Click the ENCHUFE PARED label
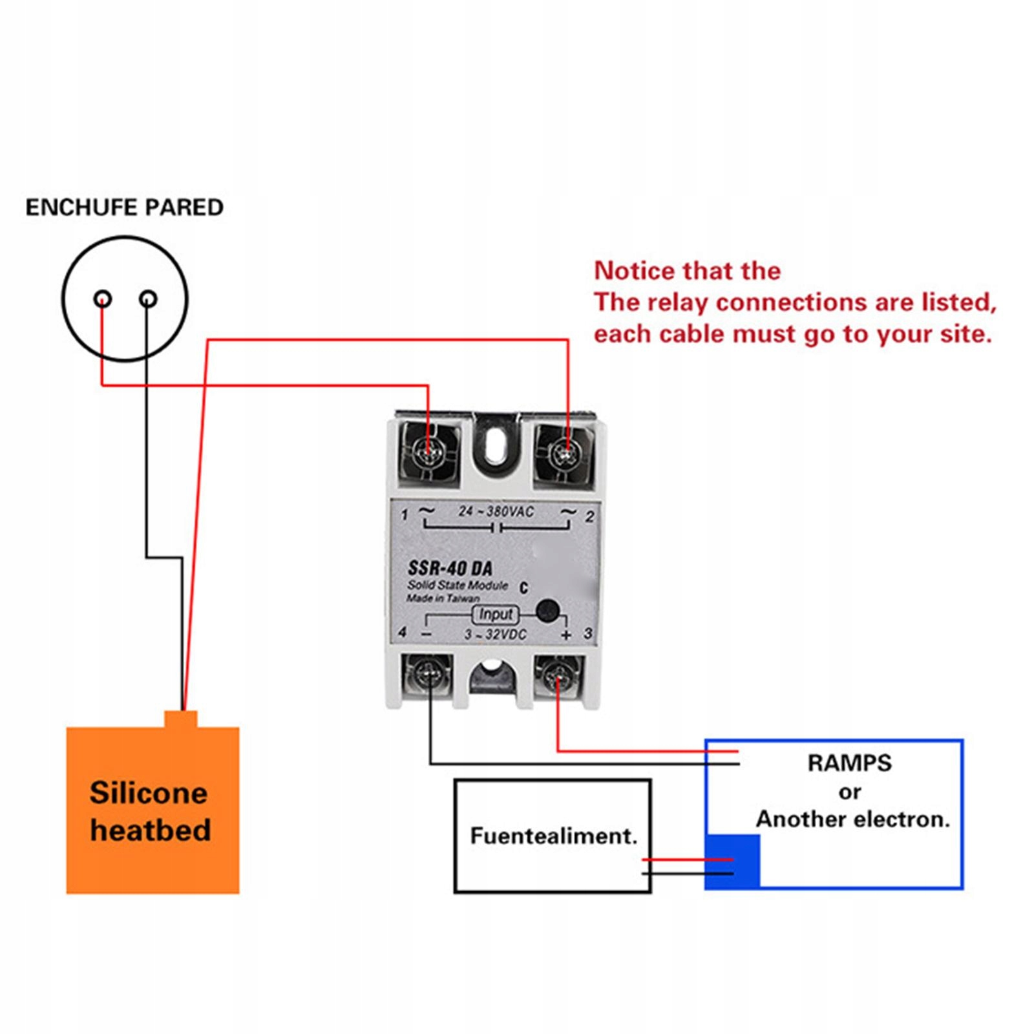[124, 207]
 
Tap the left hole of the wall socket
[103, 299]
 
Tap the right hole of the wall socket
[148, 299]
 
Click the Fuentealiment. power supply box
[553, 836]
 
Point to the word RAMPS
[849, 763]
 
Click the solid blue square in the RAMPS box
[732, 861]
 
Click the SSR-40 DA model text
[450, 568]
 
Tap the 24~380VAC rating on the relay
[496, 512]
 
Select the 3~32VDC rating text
[496, 635]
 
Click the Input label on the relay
[496, 614]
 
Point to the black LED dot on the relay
[547, 610]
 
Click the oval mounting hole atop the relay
[496, 445]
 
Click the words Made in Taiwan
[443, 598]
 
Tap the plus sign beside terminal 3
[566, 635]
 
